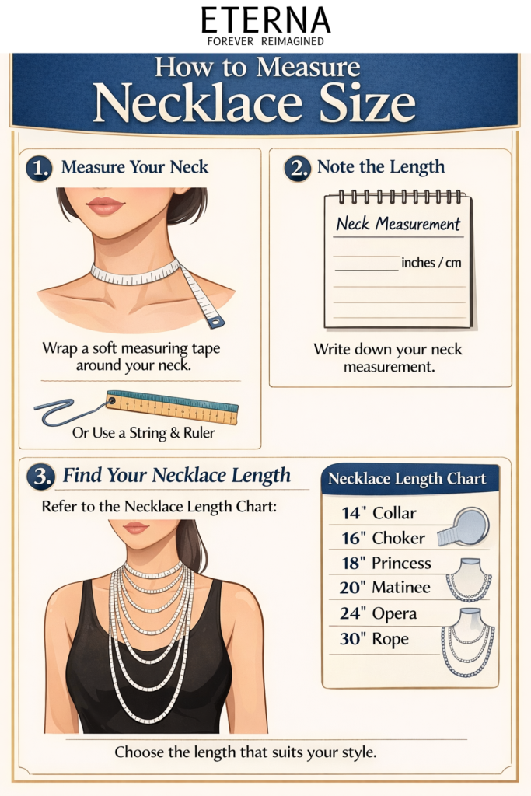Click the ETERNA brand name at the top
pos(266,20)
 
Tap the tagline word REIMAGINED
pos(292,41)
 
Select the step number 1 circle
pos(39,168)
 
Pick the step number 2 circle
pos(297,168)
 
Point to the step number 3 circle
pos(40,477)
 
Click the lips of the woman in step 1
pos(105,205)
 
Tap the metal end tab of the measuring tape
pos(216,321)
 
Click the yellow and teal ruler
pos(172,407)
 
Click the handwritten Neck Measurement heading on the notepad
pos(398,224)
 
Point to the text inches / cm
pos(431,263)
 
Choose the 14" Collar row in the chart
pos(379,513)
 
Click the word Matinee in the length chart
pos(401,588)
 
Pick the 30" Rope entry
pos(374,639)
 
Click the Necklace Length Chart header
pos(407,479)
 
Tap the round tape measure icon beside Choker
pos(463,527)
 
